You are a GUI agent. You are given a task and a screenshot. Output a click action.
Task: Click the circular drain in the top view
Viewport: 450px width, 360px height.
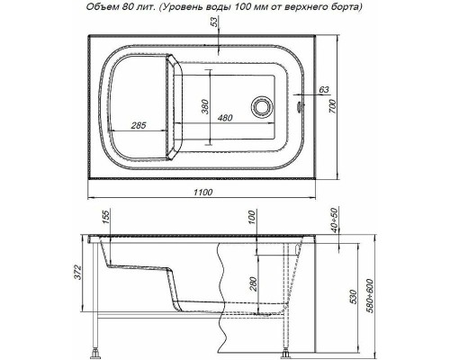pyautogui.click(x=263, y=107)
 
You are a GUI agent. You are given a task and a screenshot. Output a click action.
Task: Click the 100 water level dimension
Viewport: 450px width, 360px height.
pyautogui.click(x=253, y=219)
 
